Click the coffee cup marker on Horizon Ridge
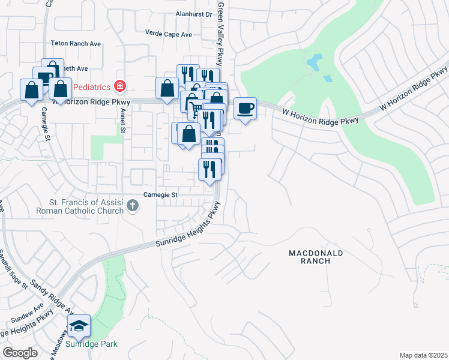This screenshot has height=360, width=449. [x=245, y=109]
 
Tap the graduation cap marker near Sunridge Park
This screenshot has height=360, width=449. [x=78, y=326]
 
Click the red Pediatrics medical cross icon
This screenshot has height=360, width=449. [x=121, y=86]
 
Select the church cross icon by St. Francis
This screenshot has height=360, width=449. [x=133, y=206]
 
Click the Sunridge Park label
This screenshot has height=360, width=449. [x=92, y=344]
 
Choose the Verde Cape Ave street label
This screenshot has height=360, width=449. [x=169, y=34]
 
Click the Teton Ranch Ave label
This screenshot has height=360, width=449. [x=76, y=44]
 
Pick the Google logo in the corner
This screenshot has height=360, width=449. [x=20, y=353]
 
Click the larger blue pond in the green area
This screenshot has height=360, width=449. [x=314, y=61]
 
